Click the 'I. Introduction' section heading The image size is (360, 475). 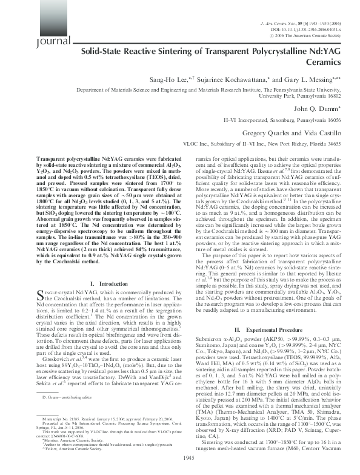(106, 285)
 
